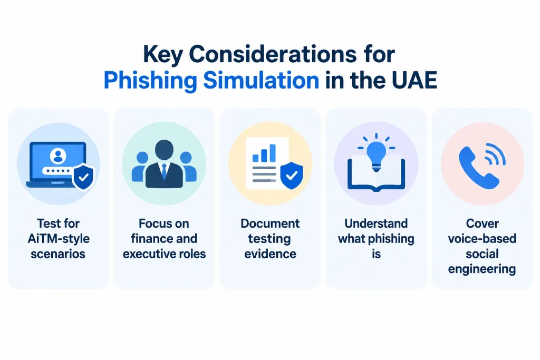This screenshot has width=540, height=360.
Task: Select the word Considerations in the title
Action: [273, 54]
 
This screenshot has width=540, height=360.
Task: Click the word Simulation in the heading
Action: [261, 80]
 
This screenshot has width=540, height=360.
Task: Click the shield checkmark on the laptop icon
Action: [84, 177]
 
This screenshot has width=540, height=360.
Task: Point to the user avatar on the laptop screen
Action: [58, 155]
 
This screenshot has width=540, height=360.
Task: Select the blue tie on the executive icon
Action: [165, 172]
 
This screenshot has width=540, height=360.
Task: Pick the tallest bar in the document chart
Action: [273, 153]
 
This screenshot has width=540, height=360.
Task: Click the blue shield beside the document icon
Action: [292, 176]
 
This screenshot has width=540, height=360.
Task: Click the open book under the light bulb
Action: [376, 174]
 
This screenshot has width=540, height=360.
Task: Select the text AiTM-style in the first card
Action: [59, 239]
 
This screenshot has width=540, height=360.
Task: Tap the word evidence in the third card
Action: [271, 254]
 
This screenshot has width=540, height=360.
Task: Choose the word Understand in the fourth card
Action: [376, 223]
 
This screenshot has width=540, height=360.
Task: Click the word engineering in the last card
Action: [482, 269]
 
